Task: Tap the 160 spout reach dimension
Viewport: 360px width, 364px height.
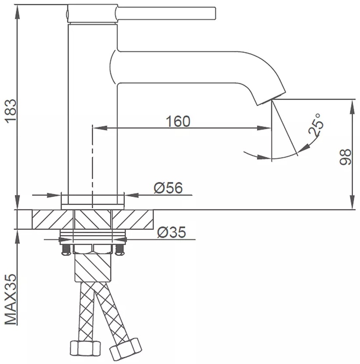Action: point(178,121)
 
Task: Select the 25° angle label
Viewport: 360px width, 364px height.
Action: point(316,125)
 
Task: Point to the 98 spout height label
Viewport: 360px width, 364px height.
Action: point(345,157)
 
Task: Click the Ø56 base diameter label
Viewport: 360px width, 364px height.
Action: point(168,188)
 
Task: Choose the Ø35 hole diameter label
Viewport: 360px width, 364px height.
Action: point(172,232)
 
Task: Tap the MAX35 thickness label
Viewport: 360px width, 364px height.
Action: point(11,299)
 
